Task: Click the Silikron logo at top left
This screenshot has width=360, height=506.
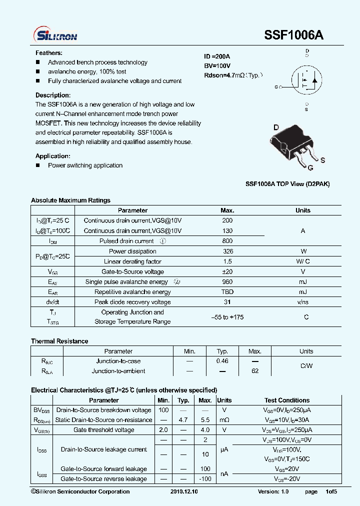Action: tap(55, 34)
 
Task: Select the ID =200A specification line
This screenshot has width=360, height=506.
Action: tap(217, 56)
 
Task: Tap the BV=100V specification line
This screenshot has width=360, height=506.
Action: tap(217, 66)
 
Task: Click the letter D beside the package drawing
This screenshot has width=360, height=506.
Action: tap(275, 127)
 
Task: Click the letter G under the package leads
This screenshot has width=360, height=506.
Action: tap(310, 167)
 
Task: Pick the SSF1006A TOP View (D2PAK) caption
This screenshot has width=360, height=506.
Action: tap(287, 184)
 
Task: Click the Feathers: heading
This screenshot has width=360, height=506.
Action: tap(48, 53)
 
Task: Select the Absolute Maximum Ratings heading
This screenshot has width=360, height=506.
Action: tap(70, 200)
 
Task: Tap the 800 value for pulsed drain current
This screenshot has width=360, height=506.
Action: tap(227, 241)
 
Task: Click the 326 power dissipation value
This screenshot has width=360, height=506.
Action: tap(227, 251)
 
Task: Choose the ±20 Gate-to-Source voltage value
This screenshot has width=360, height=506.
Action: tap(227, 272)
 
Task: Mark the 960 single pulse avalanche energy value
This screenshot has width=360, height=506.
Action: tap(227, 282)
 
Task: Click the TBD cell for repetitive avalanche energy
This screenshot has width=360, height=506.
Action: tap(227, 292)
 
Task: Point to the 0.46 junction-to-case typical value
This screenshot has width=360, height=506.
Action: tap(222, 361)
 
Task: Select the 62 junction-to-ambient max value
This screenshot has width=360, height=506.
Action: tap(255, 371)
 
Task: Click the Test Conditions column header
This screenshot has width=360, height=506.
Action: tap(287, 400)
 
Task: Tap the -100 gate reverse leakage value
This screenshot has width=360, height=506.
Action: tap(205, 479)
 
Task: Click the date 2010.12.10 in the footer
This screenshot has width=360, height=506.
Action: tap(184, 492)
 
